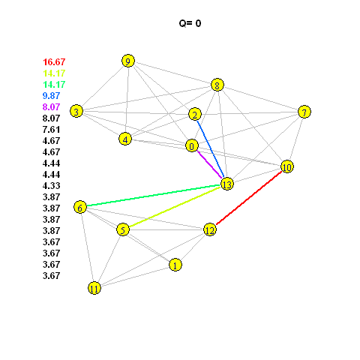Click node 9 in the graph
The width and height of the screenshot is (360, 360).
tap(128, 61)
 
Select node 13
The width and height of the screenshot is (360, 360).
tap(227, 184)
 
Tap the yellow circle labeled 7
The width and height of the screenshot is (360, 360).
tap(304, 112)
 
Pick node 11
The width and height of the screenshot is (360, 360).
tap(94, 288)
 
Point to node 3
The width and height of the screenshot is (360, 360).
tap(76, 111)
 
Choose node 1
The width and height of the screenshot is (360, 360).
tap(175, 265)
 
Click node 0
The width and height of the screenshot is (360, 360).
tap(192, 145)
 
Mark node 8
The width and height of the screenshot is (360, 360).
tap(217, 85)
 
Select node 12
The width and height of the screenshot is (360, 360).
tap(210, 229)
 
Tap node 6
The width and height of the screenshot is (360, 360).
tap(80, 207)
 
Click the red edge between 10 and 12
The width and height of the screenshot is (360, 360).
tap(249, 198)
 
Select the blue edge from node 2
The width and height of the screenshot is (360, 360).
tap(210, 149)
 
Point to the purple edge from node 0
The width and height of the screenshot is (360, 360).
tap(209, 165)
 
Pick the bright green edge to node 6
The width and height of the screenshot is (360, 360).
tap(154, 196)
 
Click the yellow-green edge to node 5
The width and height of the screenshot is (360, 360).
tap(175, 207)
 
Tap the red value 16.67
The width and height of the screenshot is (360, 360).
tap(54, 61)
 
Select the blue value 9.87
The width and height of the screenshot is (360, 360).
tap(51, 95)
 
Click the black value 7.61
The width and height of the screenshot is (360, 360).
tap(51, 129)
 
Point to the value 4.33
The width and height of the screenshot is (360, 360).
tap(51, 185)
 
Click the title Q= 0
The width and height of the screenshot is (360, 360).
tap(190, 23)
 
